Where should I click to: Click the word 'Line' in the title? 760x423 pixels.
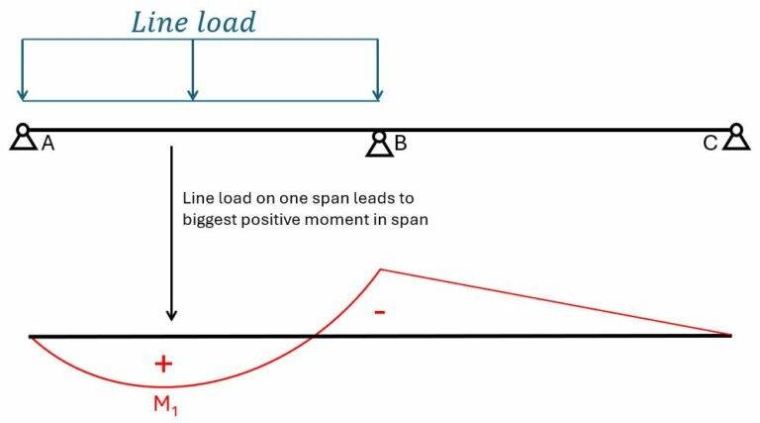(x=162, y=22)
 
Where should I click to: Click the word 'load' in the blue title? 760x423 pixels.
(x=227, y=22)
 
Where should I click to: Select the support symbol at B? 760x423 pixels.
(x=378, y=145)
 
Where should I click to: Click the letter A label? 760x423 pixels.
(x=47, y=144)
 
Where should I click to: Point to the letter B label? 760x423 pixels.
(x=401, y=145)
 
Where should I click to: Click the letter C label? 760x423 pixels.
(x=710, y=144)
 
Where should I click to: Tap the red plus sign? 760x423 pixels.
(x=163, y=364)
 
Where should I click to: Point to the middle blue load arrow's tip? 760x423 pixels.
(x=193, y=98)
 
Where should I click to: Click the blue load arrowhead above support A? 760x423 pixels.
(x=23, y=98)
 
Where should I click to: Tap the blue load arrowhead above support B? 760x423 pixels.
(x=378, y=98)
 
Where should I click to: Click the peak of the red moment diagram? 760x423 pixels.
(x=380, y=268)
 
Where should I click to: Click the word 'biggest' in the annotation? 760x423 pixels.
(x=208, y=220)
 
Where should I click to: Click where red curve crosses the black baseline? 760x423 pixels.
(x=314, y=336)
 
